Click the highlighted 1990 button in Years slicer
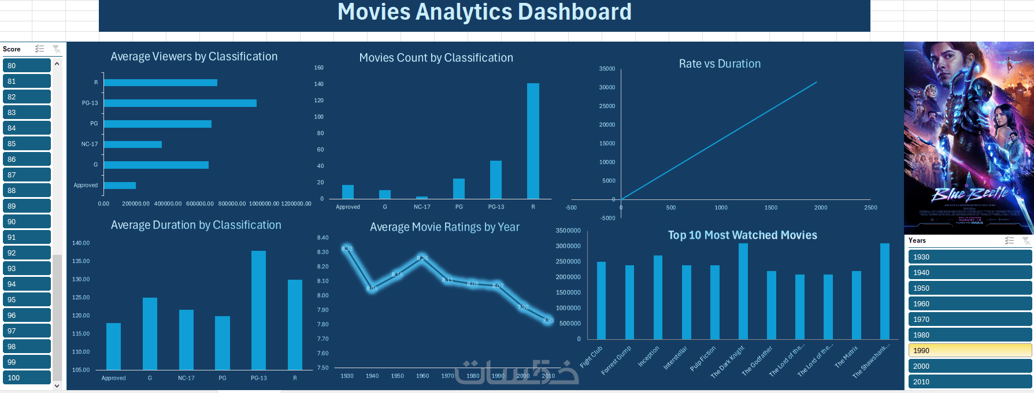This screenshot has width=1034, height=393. (x=969, y=350)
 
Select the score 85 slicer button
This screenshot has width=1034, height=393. (x=27, y=143)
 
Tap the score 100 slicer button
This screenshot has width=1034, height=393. (x=27, y=377)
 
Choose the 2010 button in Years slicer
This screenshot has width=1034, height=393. (x=969, y=381)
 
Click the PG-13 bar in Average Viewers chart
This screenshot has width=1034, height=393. (x=180, y=103)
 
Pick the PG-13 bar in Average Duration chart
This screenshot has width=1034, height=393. (x=258, y=310)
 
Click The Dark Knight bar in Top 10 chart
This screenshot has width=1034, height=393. (x=743, y=291)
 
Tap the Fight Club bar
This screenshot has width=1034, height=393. (x=601, y=300)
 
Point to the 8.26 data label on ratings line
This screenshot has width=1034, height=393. (x=423, y=258)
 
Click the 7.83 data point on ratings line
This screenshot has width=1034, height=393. (x=548, y=321)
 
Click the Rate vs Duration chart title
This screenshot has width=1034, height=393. (x=720, y=64)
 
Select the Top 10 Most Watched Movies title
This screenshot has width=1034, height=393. (x=742, y=235)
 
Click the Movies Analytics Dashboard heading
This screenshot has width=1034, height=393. (x=484, y=12)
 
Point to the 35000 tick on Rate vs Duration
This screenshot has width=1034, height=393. (x=607, y=69)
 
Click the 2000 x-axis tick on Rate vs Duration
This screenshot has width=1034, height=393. (x=821, y=207)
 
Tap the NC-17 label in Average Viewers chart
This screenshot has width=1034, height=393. (x=90, y=144)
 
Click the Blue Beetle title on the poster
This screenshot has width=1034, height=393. (x=969, y=193)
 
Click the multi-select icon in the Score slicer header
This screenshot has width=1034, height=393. (x=39, y=49)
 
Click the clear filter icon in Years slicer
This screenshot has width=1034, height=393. (x=1026, y=240)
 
